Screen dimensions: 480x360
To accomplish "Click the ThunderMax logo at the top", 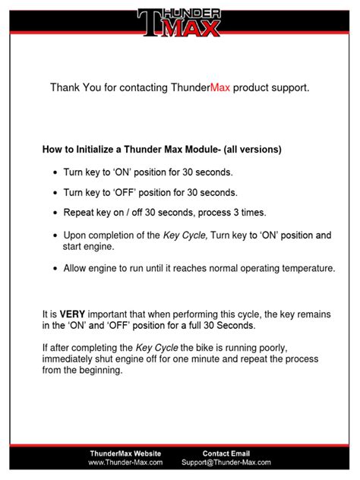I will pyautogui.click(x=179, y=23).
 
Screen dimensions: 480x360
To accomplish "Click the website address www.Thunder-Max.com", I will pyautogui.click(x=125, y=462).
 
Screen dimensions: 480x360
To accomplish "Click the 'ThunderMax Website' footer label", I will pyautogui.click(x=125, y=453).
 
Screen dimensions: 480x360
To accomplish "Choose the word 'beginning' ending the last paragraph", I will pyautogui.click(x=98, y=372).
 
